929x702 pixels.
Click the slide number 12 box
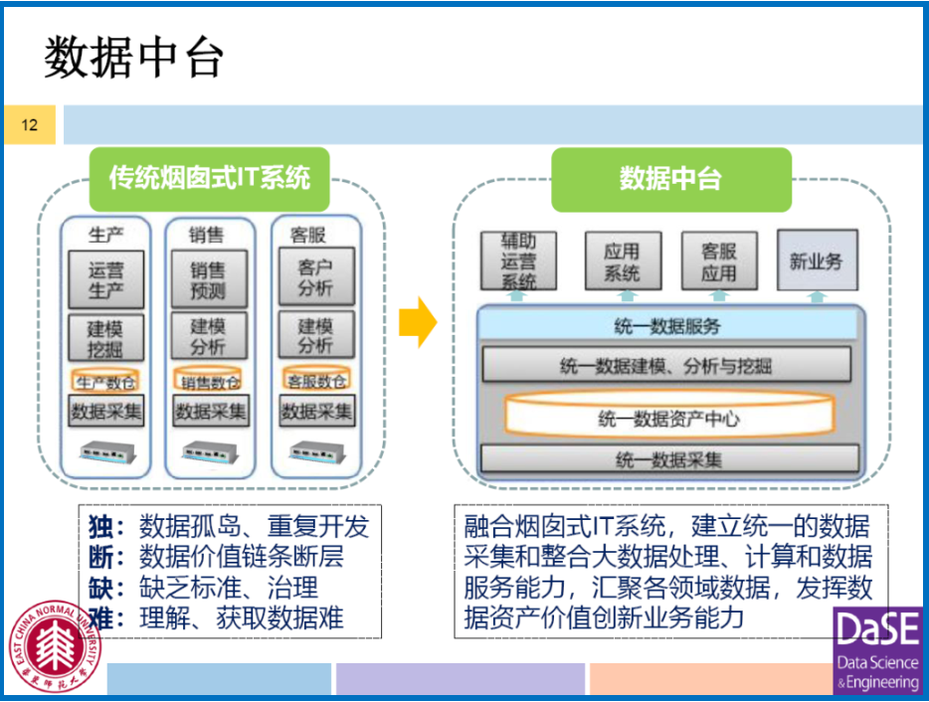[29, 125]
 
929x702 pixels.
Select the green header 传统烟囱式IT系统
[210, 178]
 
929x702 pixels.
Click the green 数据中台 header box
[670, 179]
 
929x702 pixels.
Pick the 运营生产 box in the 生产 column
[106, 278]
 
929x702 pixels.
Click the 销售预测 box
[209, 278]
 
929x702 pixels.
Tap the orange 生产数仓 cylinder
[106, 381]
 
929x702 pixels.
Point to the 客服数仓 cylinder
[315, 381]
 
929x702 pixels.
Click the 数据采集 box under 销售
[210, 411]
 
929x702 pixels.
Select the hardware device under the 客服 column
[315, 452]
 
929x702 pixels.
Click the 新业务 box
[816, 261]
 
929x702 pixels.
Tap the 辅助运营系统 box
[517, 261]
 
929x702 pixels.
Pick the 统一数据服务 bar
[667, 325]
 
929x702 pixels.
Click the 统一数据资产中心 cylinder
[667, 418]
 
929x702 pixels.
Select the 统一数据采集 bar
[668, 458]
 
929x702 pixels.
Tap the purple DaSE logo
[877, 651]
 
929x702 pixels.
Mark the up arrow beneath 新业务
[816, 296]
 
